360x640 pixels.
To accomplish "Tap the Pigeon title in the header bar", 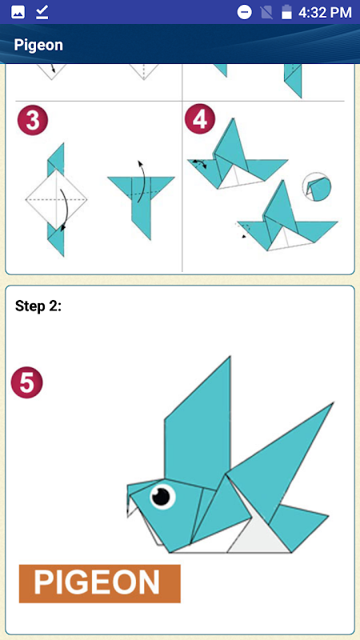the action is pos(38,45).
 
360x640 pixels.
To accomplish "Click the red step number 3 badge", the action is pos(33,121).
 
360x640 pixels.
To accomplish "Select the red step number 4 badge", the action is pos(200,120).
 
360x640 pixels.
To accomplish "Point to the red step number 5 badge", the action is pos(27,382).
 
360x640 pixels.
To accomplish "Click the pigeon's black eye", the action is pos(162,496).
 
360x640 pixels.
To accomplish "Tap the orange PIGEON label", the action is pos(99,584).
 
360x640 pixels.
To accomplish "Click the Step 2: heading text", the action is pos(38,306).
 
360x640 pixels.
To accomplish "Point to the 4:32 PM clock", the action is pos(325,12).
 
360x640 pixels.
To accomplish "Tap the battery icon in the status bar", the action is pos(287,12).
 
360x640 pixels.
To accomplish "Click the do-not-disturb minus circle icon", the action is pos(245,12).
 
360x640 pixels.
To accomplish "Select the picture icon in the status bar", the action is pos(18,12).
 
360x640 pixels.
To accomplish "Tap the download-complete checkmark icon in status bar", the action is pos(42,12).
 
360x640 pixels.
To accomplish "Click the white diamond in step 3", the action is pos(56,199).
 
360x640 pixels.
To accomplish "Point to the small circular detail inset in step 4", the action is pos(317,186).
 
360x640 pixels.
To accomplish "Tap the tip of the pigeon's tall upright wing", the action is pos(230,356).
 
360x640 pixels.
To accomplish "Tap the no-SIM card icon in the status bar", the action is pos(266,12).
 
